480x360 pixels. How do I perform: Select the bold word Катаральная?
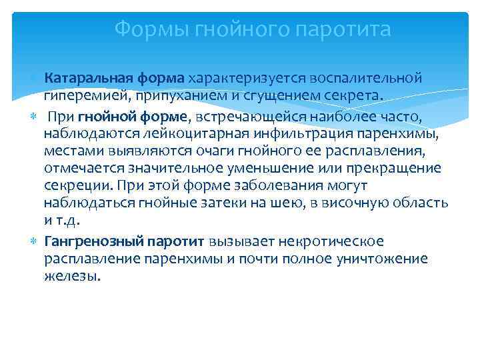(84, 79)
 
